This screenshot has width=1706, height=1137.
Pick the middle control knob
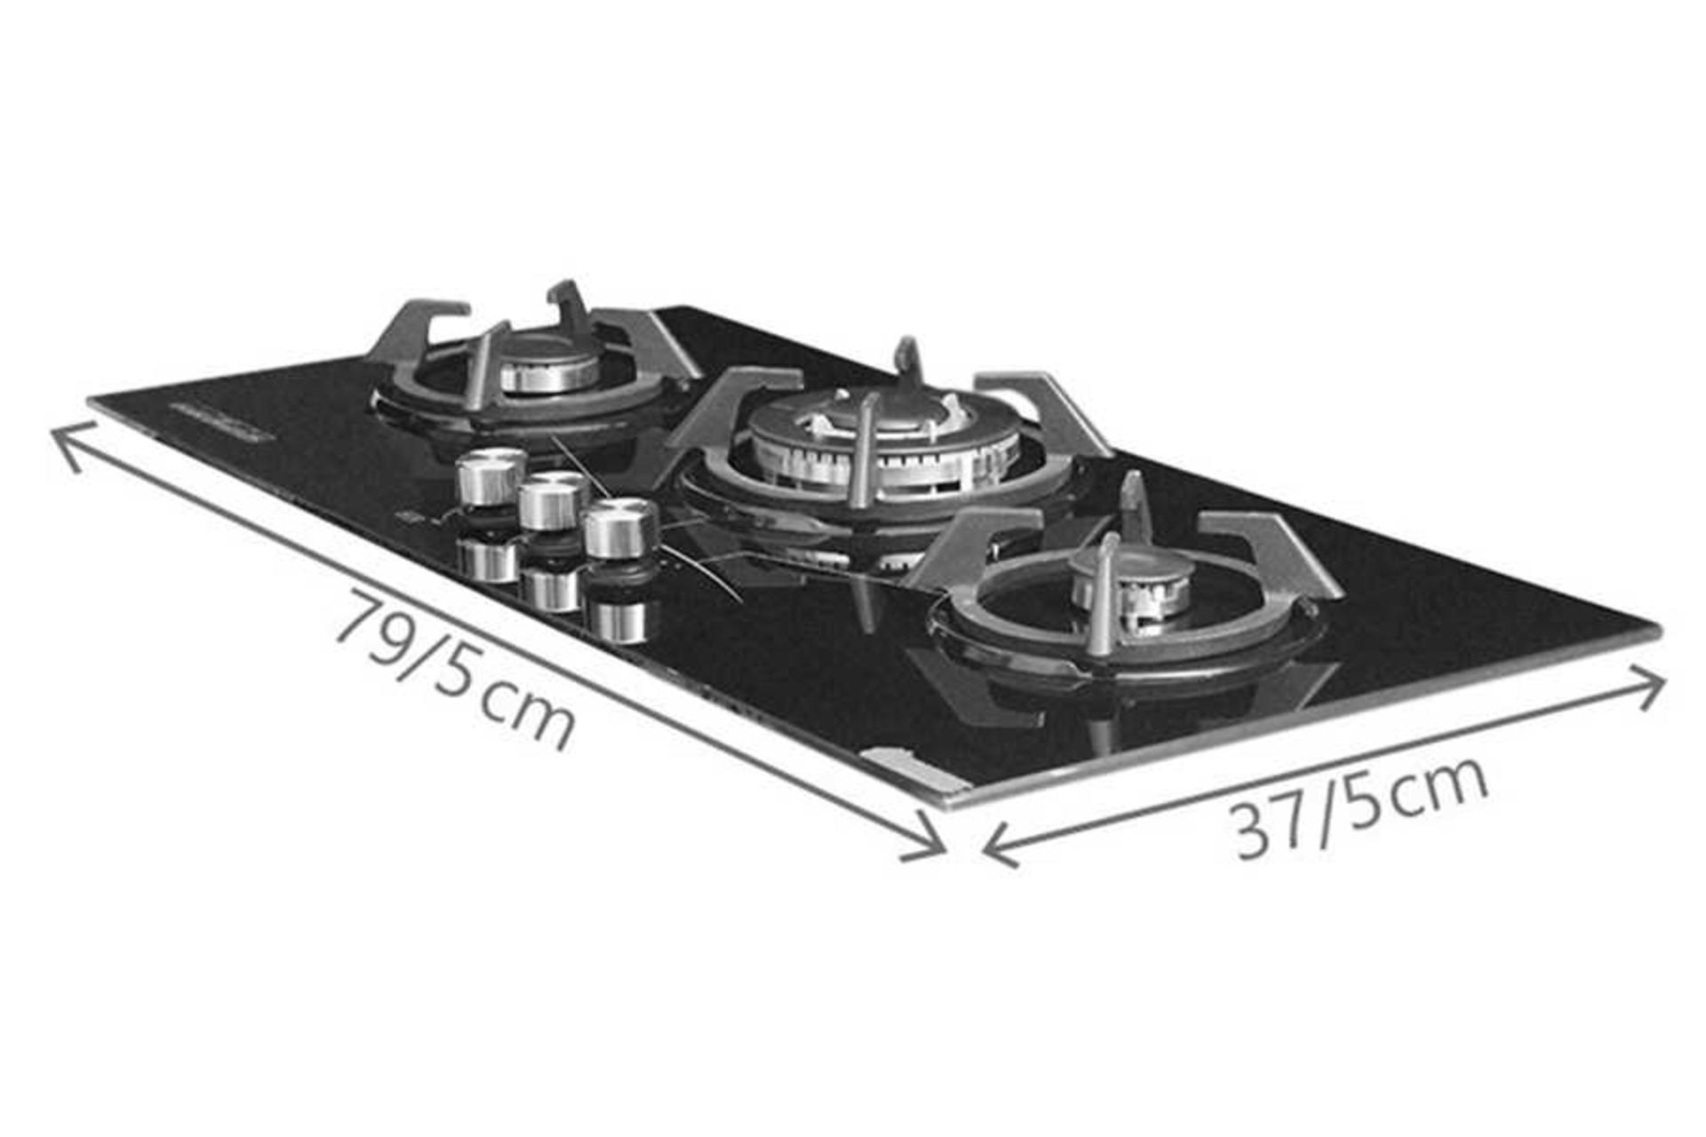(553, 500)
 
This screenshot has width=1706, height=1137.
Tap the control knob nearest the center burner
(620, 528)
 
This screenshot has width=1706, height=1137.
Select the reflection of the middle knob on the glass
(551, 586)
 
